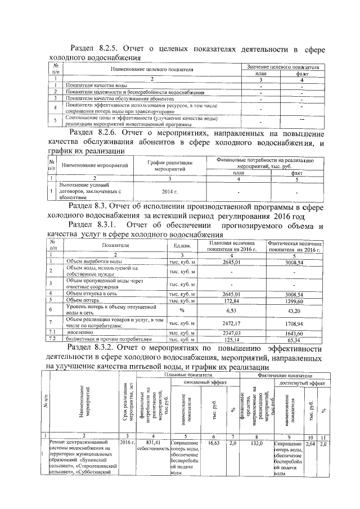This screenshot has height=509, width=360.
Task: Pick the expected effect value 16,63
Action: pos(213,443)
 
